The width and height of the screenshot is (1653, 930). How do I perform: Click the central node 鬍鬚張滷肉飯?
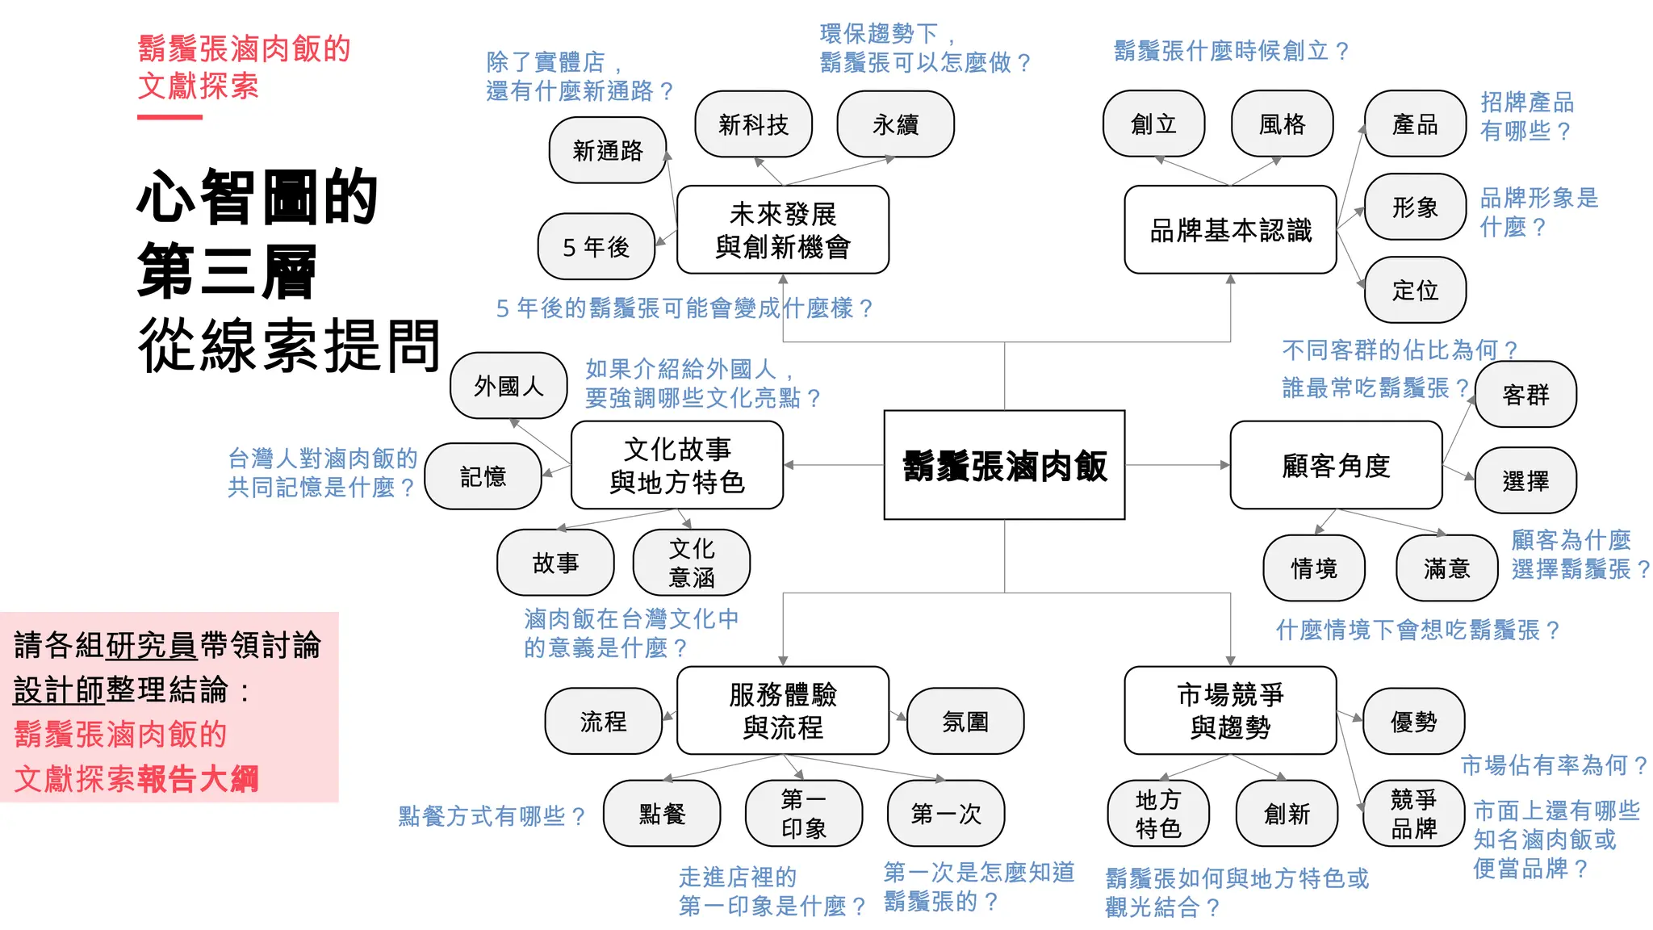pyautogui.click(x=1004, y=465)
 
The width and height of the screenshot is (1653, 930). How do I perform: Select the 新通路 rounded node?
pyautogui.click(x=608, y=150)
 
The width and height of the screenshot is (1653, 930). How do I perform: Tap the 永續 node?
pyautogui.click(x=895, y=124)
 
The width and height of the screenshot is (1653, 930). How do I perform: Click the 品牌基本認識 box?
pyautogui.click(x=1230, y=230)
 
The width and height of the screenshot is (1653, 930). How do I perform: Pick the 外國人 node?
pyautogui.click(x=508, y=386)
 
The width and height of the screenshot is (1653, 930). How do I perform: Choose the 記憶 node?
pyautogui.click(x=483, y=476)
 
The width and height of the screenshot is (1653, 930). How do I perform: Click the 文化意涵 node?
pyautogui.click(x=692, y=563)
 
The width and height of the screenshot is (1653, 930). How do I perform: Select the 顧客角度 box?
pyautogui.click(x=1336, y=465)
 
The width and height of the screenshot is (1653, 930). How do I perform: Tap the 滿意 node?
pyautogui.click(x=1446, y=568)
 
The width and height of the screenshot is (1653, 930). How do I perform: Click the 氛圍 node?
pyautogui.click(x=965, y=721)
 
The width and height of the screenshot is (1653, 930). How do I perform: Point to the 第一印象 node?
pyautogui.click(x=804, y=813)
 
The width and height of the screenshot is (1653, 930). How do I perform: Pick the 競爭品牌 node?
pyautogui.click(x=1413, y=813)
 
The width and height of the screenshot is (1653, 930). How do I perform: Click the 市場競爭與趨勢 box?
pyautogui.click(x=1230, y=710)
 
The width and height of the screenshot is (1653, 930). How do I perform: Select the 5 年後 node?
pyautogui.click(x=596, y=246)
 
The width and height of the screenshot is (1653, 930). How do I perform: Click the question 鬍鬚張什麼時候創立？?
pyautogui.click(x=1232, y=51)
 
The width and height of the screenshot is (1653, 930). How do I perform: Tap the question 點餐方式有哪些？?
pyautogui.click(x=492, y=816)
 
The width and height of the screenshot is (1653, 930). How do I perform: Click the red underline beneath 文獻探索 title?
pyautogui.click(x=169, y=118)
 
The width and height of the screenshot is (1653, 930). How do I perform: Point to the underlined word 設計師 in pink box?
pyautogui.click(x=59, y=690)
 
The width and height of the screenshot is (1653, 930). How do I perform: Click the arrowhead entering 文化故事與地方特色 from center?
pyautogui.click(x=789, y=465)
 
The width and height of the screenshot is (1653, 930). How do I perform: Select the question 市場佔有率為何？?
pyautogui.click(x=1554, y=765)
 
